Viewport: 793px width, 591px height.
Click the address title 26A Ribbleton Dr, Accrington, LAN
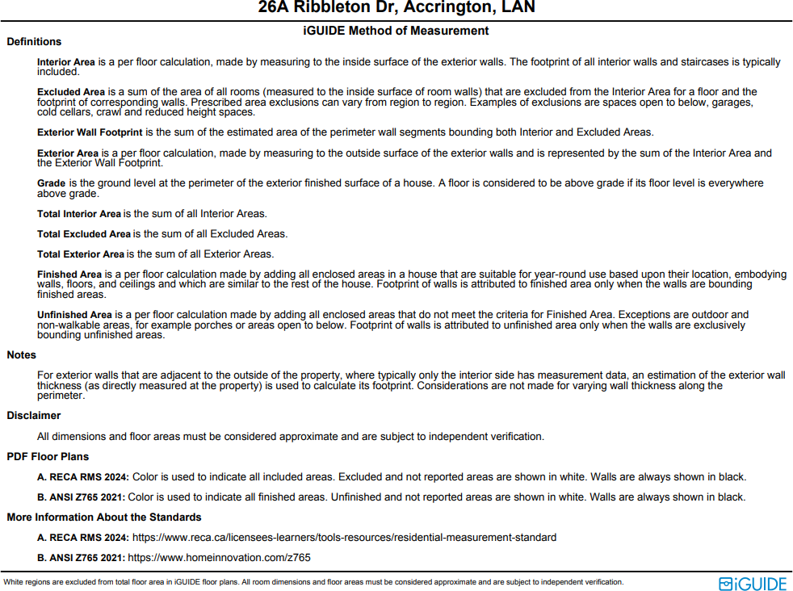pos(396,8)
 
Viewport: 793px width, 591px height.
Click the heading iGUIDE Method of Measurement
pos(396,31)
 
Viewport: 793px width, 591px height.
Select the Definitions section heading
pos(34,42)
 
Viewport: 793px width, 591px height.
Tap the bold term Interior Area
pos(66,62)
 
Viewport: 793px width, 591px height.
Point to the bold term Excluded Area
pos(70,92)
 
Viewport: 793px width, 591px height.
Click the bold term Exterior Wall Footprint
pos(90,132)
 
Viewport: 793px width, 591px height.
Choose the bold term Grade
pos(52,183)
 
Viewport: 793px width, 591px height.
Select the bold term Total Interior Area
pos(79,214)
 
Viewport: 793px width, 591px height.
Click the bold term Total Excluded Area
pos(84,234)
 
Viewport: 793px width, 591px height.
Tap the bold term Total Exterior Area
pos(81,254)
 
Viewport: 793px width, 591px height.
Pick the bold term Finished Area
pos(69,275)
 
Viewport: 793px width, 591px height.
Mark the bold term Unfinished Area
pos(74,315)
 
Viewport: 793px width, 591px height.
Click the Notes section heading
pos(22,355)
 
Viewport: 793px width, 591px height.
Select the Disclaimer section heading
pos(34,416)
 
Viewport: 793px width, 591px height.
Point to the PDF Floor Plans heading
pos(48,457)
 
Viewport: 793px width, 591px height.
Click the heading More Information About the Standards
pos(104,518)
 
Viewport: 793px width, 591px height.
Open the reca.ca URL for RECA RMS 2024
pos(345,538)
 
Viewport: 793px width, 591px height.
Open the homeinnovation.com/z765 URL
pos(220,558)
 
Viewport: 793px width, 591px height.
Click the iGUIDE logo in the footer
pos(752,583)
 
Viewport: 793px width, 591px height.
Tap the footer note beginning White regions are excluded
pos(313,582)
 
